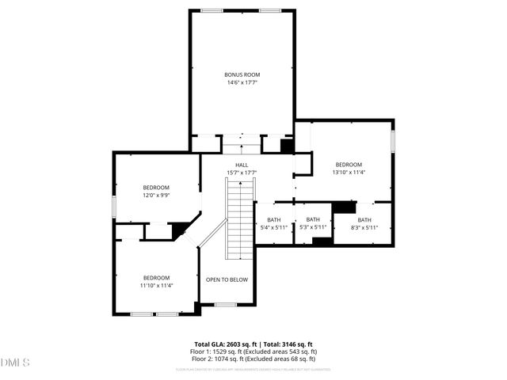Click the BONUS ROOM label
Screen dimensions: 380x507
coord(242,74)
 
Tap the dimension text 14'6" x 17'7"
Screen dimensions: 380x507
coord(242,82)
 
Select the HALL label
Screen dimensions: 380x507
coord(242,165)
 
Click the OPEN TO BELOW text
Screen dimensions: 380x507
coord(227,279)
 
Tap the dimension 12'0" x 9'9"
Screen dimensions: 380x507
coord(156,195)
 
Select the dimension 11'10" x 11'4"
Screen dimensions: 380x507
coord(156,286)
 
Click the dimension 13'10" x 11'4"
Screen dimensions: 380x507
coord(348,173)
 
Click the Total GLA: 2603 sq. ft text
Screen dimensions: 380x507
coord(226,344)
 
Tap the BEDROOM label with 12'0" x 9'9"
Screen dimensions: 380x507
coord(156,187)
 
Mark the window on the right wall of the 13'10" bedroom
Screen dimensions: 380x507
coord(393,140)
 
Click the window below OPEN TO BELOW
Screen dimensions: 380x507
coord(227,305)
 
